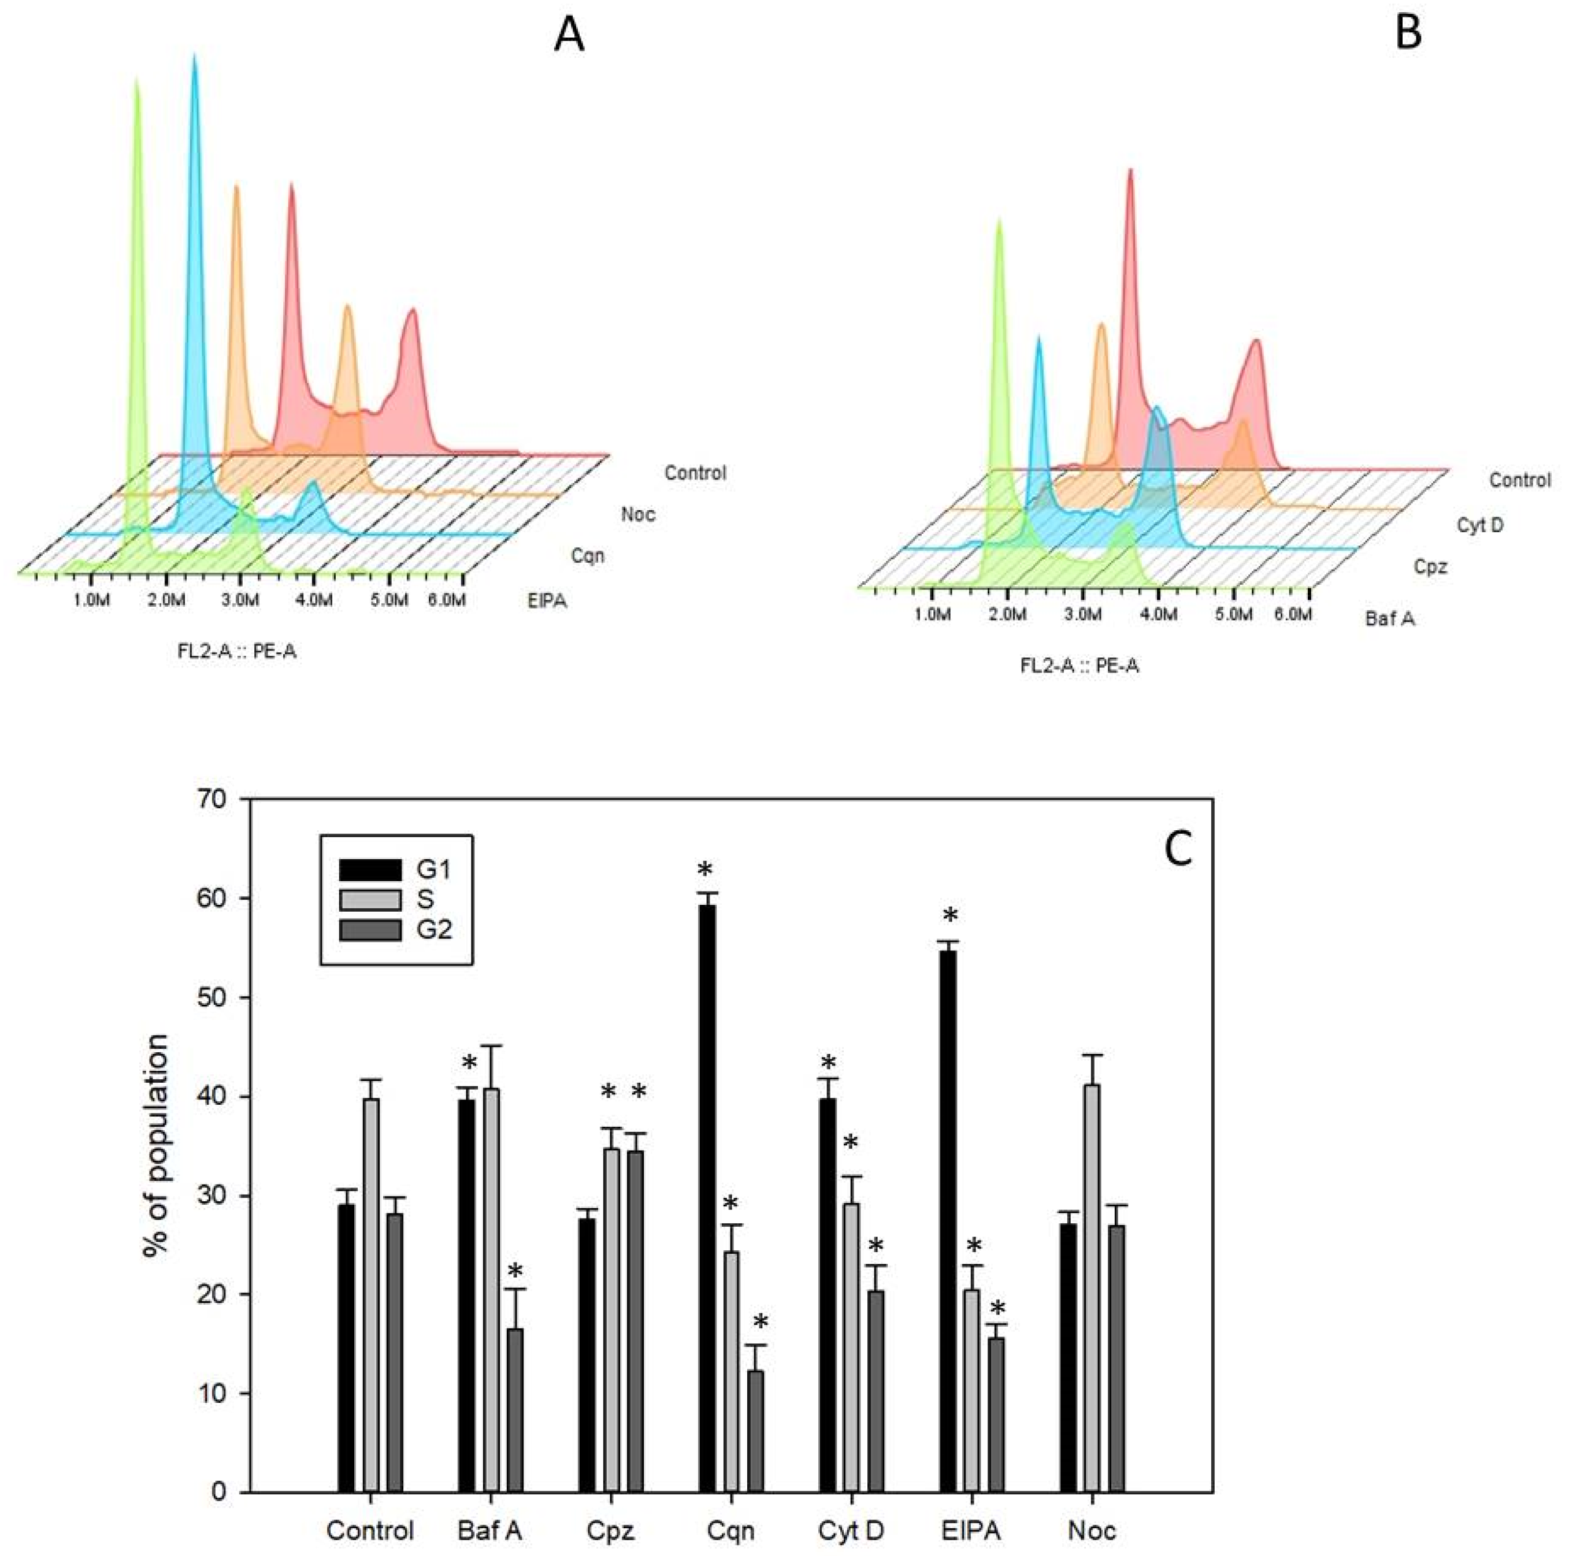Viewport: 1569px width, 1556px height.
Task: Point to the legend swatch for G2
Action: pyautogui.click(x=369, y=929)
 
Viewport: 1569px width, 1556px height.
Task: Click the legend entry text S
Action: pyautogui.click(x=425, y=900)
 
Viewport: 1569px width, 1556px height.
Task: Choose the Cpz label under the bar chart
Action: pyautogui.click(x=609, y=1531)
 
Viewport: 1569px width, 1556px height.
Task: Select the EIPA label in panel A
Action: pyautogui.click(x=547, y=601)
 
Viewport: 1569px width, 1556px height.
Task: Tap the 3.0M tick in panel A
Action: pyautogui.click(x=241, y=601)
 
